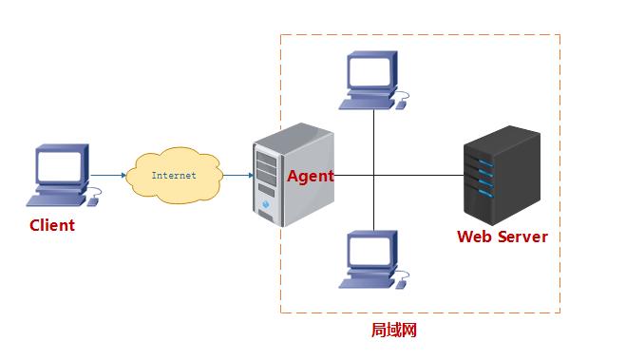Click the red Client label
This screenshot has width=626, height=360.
[x=52, y=226]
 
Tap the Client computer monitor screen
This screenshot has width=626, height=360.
[x=62, y=167]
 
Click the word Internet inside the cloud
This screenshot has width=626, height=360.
[x=174, y=176]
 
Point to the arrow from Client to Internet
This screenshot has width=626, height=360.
[x=108, y=175]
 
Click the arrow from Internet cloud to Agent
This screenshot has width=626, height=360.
[x=237, y=176]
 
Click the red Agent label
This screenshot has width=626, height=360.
[x=310, y=177]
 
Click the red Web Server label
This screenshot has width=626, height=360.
[x=503, y=237]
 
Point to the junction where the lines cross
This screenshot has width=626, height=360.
[x=373, y=176]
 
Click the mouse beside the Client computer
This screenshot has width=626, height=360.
[x=95, y=199]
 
